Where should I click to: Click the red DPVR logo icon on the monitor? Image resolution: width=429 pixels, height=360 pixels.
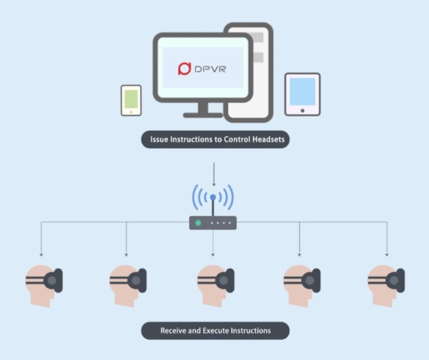pyautogui.click(x=184, y=69)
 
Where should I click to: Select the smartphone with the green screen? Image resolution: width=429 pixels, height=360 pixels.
pyautogui.click(x=131, y=100)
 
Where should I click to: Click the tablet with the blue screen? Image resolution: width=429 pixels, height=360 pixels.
pyautogui.click(x=302, y=94)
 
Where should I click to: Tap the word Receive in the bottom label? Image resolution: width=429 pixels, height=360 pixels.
pyautogui.click(x=173, y=330)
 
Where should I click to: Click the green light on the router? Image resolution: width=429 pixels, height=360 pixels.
pyautogui.click(x=197, y=223)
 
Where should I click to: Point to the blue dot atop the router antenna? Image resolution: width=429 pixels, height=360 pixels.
pyautogui.click(x=213, y=197)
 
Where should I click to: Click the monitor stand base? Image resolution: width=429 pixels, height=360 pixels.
pyautogui.click(x=203, y=115)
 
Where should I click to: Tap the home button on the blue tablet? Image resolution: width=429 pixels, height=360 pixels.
pyautogui.click(x=302, y=110)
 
